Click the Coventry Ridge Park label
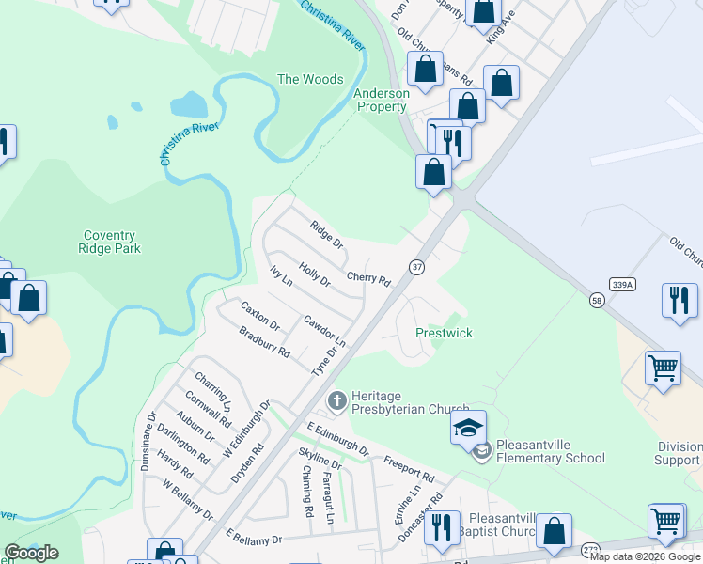[x=112, y=242]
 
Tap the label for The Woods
[x=310, y=80]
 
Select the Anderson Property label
[x=382, y=101]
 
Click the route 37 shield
[x=416, y=267]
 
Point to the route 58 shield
[x=597, y=300]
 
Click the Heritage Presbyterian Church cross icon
[x=336, y=402]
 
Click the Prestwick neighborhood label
[x=444, y=334]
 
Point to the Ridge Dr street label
[x=327, y=234]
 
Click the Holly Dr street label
[x=315, y=275]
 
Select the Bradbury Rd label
[x=264, y=341]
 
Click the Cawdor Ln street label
[x=324, y=329]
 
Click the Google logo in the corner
[x=31, y=553]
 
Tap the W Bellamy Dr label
[x=187, y=501]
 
